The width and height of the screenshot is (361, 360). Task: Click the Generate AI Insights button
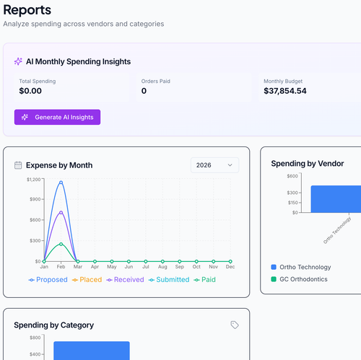tap(57, 117)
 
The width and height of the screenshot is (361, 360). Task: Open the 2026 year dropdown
tap(214, 165)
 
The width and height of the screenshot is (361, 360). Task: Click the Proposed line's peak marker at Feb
tap(61, 183)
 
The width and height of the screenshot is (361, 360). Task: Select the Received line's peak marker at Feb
tap(61, 213)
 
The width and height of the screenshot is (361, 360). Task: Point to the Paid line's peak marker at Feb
tap(61, 244)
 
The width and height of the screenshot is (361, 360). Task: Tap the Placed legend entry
tap(87, 280)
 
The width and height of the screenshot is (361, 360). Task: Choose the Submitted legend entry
tap(169, 280)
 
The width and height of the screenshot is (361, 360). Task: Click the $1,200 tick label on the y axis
tap(34, 180)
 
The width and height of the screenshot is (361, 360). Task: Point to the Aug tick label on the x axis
tap(162, 267)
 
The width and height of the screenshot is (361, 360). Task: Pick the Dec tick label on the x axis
tap(230, 267)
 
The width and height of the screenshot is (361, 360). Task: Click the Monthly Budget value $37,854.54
tap(285, 91)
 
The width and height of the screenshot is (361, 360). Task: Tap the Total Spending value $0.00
tap(30, 91)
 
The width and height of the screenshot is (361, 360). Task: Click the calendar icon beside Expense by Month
tap(18, 165)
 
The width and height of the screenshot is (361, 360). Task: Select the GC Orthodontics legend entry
tap(299, 279)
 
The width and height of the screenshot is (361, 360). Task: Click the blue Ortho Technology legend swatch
tap(274, 267)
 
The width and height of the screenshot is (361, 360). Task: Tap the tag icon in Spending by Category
tap(235, 325)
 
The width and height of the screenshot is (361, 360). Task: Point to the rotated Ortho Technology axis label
tap(337, 230)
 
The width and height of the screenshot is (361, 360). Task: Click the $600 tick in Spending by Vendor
tap(292, 176)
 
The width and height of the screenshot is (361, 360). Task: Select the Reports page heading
tap(27, 10)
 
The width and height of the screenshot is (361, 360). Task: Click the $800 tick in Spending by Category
tap(35, 338)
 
